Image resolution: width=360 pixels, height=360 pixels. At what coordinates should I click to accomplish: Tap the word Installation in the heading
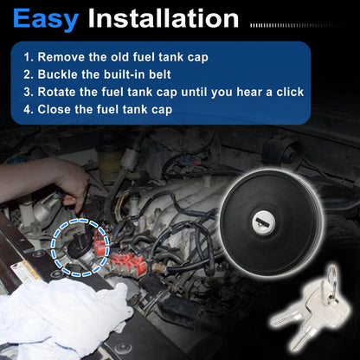164,18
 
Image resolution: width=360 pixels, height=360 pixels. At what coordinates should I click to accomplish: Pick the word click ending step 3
290,92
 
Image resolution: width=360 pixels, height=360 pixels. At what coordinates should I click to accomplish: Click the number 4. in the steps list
29,110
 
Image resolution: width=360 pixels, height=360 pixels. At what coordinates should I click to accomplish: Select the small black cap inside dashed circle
80,245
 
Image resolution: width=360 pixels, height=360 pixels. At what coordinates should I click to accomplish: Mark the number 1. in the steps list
29,57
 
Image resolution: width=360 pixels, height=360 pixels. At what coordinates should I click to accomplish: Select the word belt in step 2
160,74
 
